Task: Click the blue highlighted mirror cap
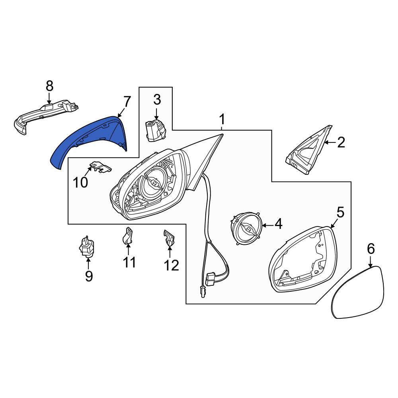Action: point(76,142)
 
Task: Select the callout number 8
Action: point(49,86)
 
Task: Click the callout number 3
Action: point(157,100)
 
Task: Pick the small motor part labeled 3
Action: point(154,131)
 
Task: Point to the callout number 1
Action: point(222,119)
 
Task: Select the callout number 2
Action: point(341,142)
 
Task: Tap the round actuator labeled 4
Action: point(246,228)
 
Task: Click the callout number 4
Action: point(278,224)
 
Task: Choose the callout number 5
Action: point(340,212)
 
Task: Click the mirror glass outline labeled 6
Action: point(358,292)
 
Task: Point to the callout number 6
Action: point(371,248)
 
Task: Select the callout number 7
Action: point(127,102)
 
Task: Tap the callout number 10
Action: point(80,182)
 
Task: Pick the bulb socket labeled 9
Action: point(86,247)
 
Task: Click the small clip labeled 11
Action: point(128,235)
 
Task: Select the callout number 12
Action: point(172,265)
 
